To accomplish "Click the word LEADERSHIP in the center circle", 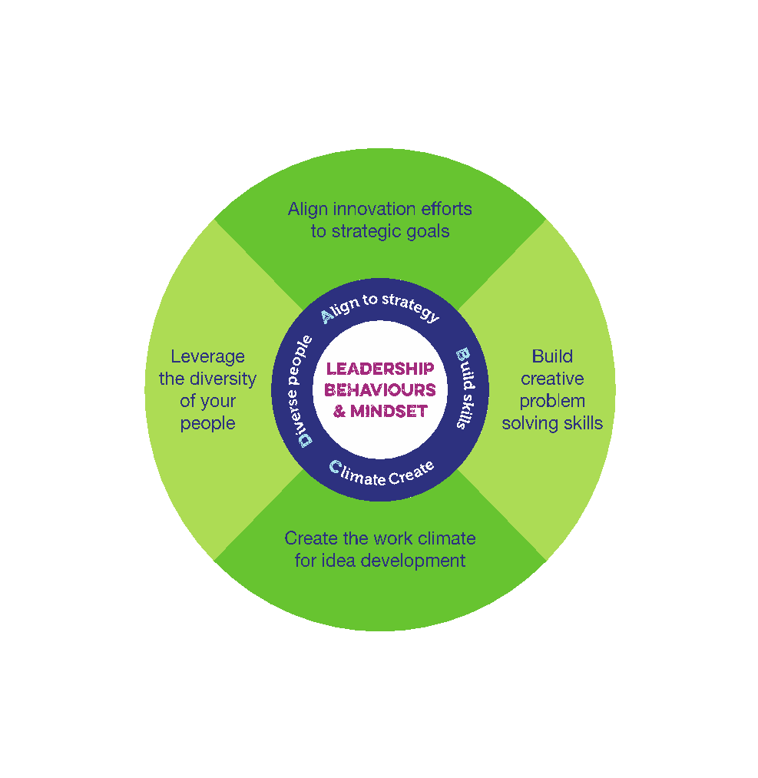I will coord(380,369).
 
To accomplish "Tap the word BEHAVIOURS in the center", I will coord(380,390).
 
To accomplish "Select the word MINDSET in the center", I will coord(389,411).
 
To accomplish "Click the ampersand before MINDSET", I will coord(339,411).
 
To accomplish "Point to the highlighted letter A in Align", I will coord(326,315).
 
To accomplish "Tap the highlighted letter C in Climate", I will coord(335,467).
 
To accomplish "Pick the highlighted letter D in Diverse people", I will coord(305,439).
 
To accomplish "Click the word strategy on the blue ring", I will coord(411,306).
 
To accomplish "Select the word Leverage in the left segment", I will coord(207,356).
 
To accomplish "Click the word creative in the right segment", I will coord(552,379).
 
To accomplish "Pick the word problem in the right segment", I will coord(552,401).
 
